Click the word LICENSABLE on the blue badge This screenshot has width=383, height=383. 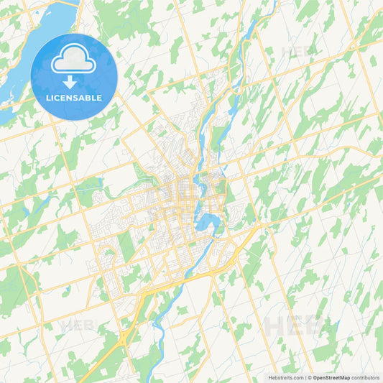(74, 98)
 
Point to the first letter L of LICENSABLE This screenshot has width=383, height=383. (48, 98)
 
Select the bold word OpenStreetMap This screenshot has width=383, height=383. (331, 377)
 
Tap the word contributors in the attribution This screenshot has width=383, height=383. (365, 377)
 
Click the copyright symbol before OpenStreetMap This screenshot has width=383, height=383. (309, 377)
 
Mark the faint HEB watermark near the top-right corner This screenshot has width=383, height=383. (297, 52)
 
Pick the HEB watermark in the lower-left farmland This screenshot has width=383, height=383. (78, 326)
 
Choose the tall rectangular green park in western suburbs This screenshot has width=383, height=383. (127, 246)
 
